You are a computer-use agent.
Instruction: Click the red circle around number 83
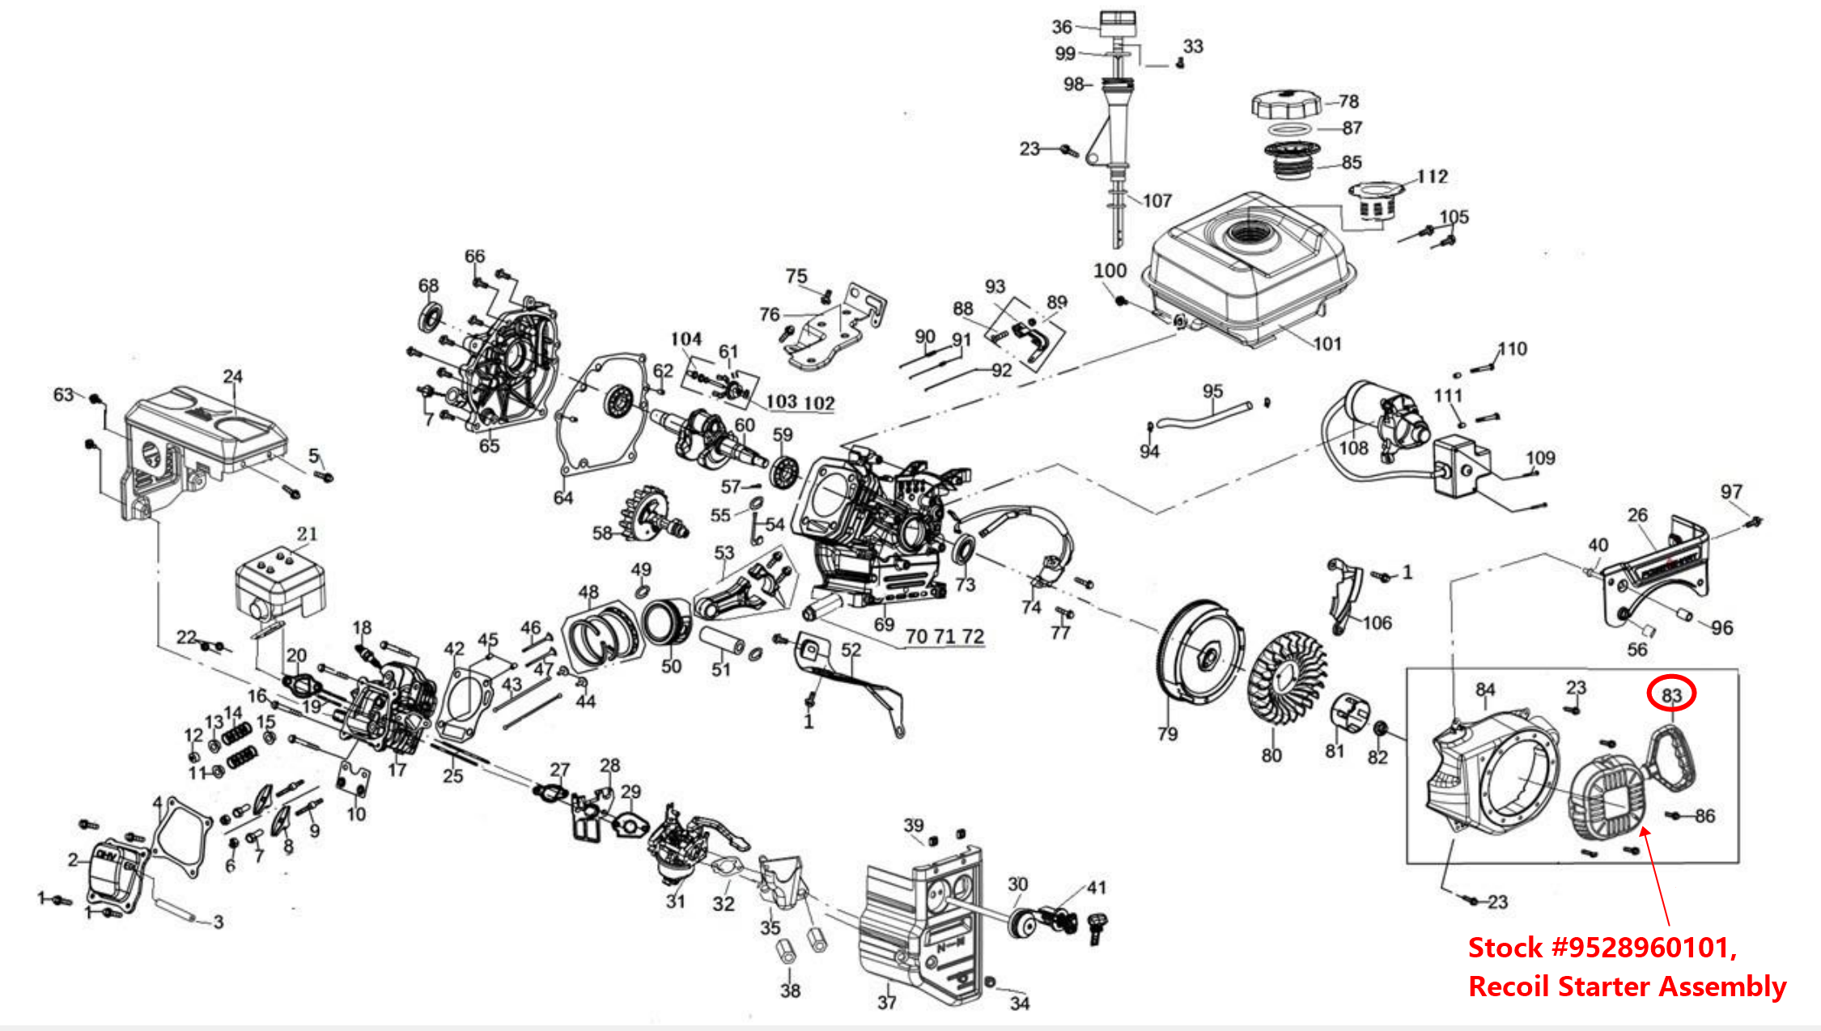point(1671,694)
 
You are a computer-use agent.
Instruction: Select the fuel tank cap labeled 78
point(1286,104)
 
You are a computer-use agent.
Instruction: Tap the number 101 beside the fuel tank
point(1327,344)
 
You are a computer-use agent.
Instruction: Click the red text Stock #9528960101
point(1602,947)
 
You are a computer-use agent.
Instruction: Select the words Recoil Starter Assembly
point(1627,986)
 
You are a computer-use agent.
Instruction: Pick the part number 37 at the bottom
point(887,1002)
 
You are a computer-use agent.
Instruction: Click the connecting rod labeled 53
point(732,600)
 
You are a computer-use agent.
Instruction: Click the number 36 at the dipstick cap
point(1062,27)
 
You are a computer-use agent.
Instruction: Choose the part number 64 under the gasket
point(563,498)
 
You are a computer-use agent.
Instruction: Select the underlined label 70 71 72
point(944,637)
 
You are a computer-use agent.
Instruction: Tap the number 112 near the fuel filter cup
point(1432,176)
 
